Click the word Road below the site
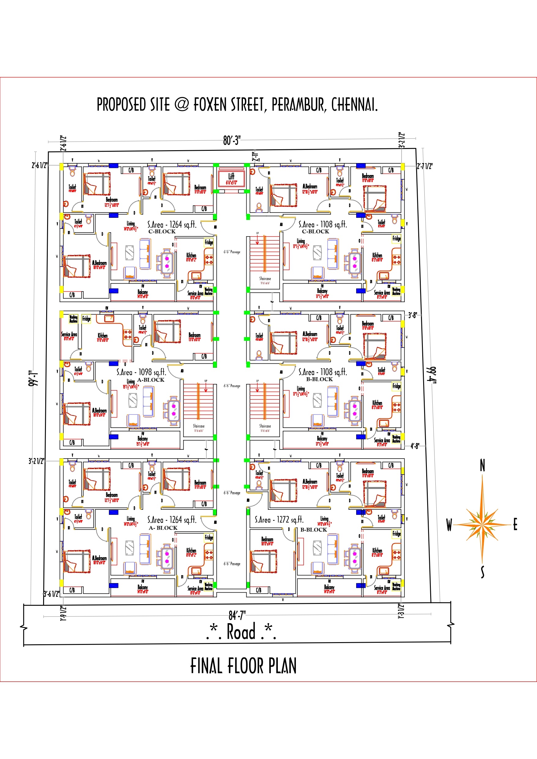tap(241, 632)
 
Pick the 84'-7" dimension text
tap(237, 615)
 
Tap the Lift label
tap(231, 177)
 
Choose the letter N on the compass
tap(483, 466)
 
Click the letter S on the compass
tap(483, 572)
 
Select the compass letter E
tap(515, 525)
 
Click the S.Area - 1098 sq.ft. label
tap(141, 372)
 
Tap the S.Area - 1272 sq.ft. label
tap(279, 520)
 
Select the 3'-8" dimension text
tap(412, 315)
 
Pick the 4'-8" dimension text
tap(415, 446)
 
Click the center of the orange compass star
tap(483, 524)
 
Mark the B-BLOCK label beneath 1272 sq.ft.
tap(313, 530)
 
